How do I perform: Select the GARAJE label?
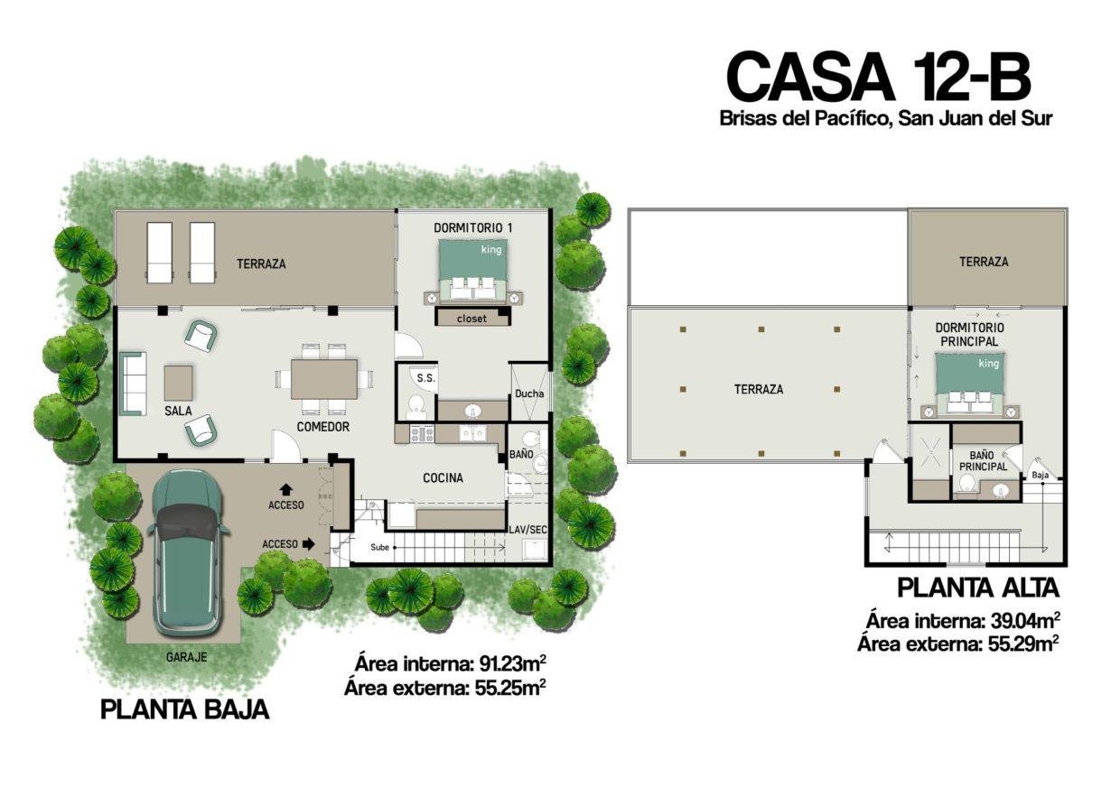[186, 658]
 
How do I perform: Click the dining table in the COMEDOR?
[324, 379]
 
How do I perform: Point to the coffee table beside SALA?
[179, 383]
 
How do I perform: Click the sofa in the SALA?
[133, 384]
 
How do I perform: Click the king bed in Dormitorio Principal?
[970, 384]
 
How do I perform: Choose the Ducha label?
[529, 393]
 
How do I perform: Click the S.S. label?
[426, 378]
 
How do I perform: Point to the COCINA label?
[443, 478]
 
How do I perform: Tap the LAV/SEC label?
[528, 529]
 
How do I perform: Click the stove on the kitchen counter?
[422, 433]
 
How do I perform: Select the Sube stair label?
[380, 547]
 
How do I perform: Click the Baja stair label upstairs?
[1041, 476]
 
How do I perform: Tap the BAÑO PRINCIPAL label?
[983, 460]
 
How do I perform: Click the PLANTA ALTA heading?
[978, 588]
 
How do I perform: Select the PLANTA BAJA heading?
[185, 709]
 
